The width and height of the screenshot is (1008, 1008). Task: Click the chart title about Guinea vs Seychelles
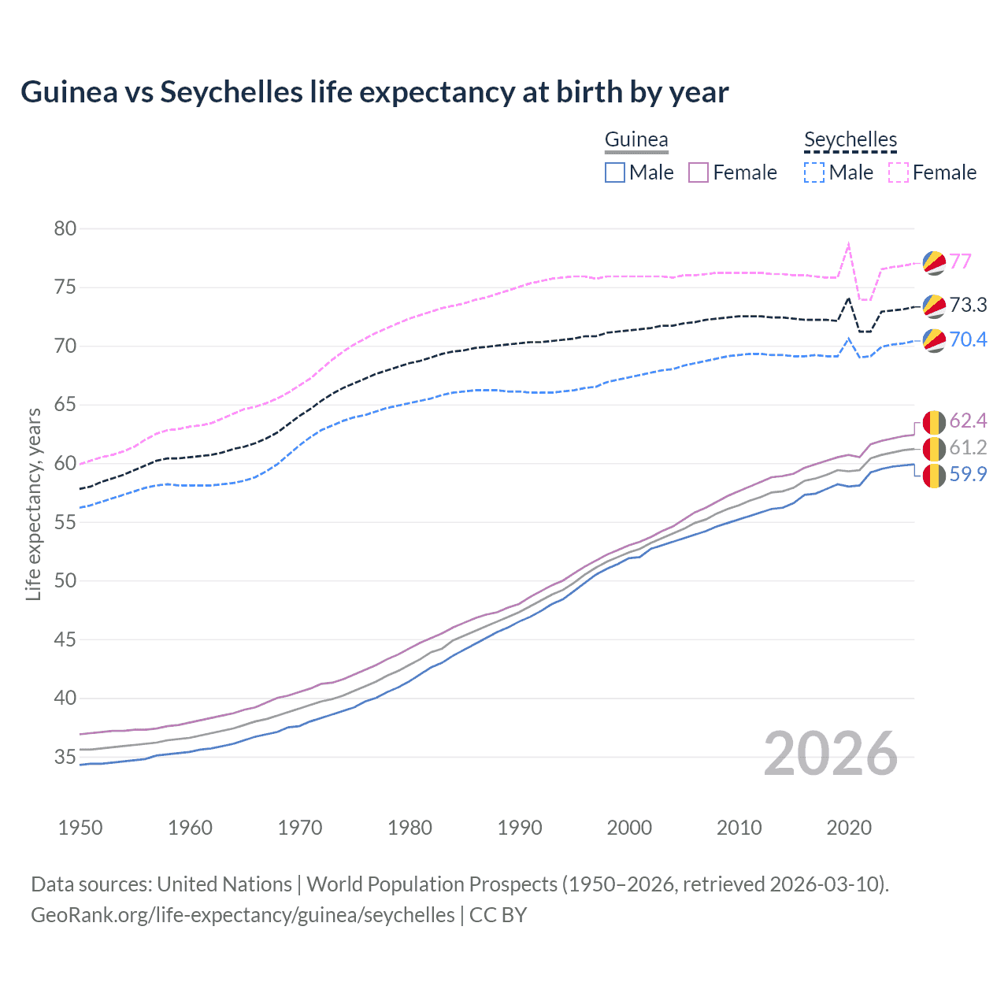pyautogui.click(x=375, y=92)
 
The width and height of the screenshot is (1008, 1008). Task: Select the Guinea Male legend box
pyautogui.click(x=615, y=172)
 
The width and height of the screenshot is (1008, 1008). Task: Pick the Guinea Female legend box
pyautogui.click(x=699, y=172)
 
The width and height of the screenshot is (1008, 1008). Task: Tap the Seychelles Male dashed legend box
pyautogui.click(x=814, y=172)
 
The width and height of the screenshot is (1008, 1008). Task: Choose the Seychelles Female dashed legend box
pyautogui.click(x=899, y=172)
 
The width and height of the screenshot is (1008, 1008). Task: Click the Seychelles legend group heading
pyautogui.click(x=850, y=139)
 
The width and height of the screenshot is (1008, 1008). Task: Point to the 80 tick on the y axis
pyautogui.click(x=65, y=229)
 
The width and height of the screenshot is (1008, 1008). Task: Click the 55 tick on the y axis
pyautogui.click(x=65, y=522)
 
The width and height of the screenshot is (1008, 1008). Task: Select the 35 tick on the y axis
pyautogui.click(x=65, y=757)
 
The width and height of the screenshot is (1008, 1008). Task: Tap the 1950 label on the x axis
pyautogui.click(x=80, y=828)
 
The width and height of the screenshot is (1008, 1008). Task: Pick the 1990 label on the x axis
pyautogui.click(x=520, y=828)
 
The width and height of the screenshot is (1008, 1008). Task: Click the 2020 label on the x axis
pyautogui.click(x=849, y=828)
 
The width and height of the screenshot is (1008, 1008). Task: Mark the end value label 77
pyautogui.click(x=960, y=261)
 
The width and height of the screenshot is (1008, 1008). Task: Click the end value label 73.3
pyautogui.click(x=968, y=305)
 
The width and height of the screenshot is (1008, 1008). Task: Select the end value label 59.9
pyautogui.click(x=968, y=474)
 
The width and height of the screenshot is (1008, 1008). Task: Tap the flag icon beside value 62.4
pyautogui.click(x=934, y=422)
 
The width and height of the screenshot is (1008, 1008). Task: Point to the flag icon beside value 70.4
pyautogui.click(x=934, y=340)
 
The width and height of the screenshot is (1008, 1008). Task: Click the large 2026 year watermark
pyautogui.click(x=831, y=754)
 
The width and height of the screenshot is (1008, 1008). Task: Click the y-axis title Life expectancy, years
pyautogui.click(x=34, y=504)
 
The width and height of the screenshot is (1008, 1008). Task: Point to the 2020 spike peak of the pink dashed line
pyautogui.click(x=848, y=244)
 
